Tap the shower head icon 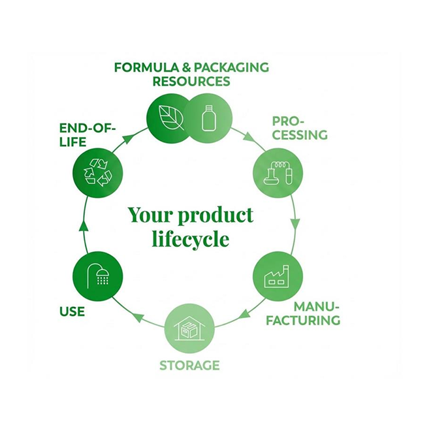(101, 275)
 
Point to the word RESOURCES (191, 82)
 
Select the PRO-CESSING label (299, 128)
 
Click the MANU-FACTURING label (316, 313)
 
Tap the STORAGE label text (189, 365)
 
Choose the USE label (72, 311)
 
